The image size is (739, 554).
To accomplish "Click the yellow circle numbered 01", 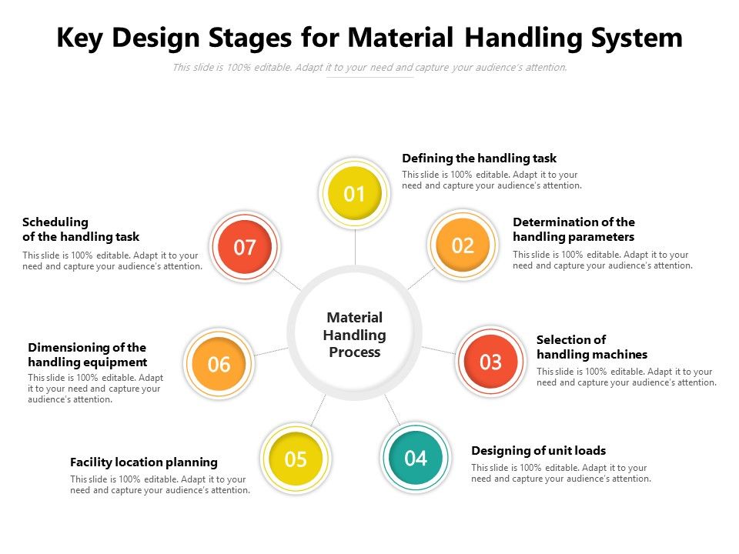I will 354,194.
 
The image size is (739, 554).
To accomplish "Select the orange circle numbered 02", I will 463,245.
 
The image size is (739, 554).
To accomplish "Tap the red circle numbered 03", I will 490,362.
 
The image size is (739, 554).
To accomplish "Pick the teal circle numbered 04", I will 415,459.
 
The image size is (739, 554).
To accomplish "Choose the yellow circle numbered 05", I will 296,459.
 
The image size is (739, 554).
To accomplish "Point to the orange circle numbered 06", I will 219,364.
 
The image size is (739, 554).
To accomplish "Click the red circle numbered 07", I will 245,248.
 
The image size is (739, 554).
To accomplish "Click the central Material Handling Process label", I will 355,335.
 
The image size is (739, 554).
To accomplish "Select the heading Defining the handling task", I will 479,159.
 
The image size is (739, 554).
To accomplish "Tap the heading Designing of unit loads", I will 538,451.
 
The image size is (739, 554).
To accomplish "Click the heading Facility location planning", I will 144,462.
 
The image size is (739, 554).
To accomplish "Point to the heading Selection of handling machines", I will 591,347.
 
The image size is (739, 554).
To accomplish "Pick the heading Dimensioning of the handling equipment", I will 87,355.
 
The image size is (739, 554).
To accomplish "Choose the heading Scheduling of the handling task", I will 81,229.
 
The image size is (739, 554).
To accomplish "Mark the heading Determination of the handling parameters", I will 573,229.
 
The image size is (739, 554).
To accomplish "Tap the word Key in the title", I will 82,38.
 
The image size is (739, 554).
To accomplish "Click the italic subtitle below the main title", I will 369,68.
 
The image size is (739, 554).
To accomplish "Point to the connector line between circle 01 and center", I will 355,246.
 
